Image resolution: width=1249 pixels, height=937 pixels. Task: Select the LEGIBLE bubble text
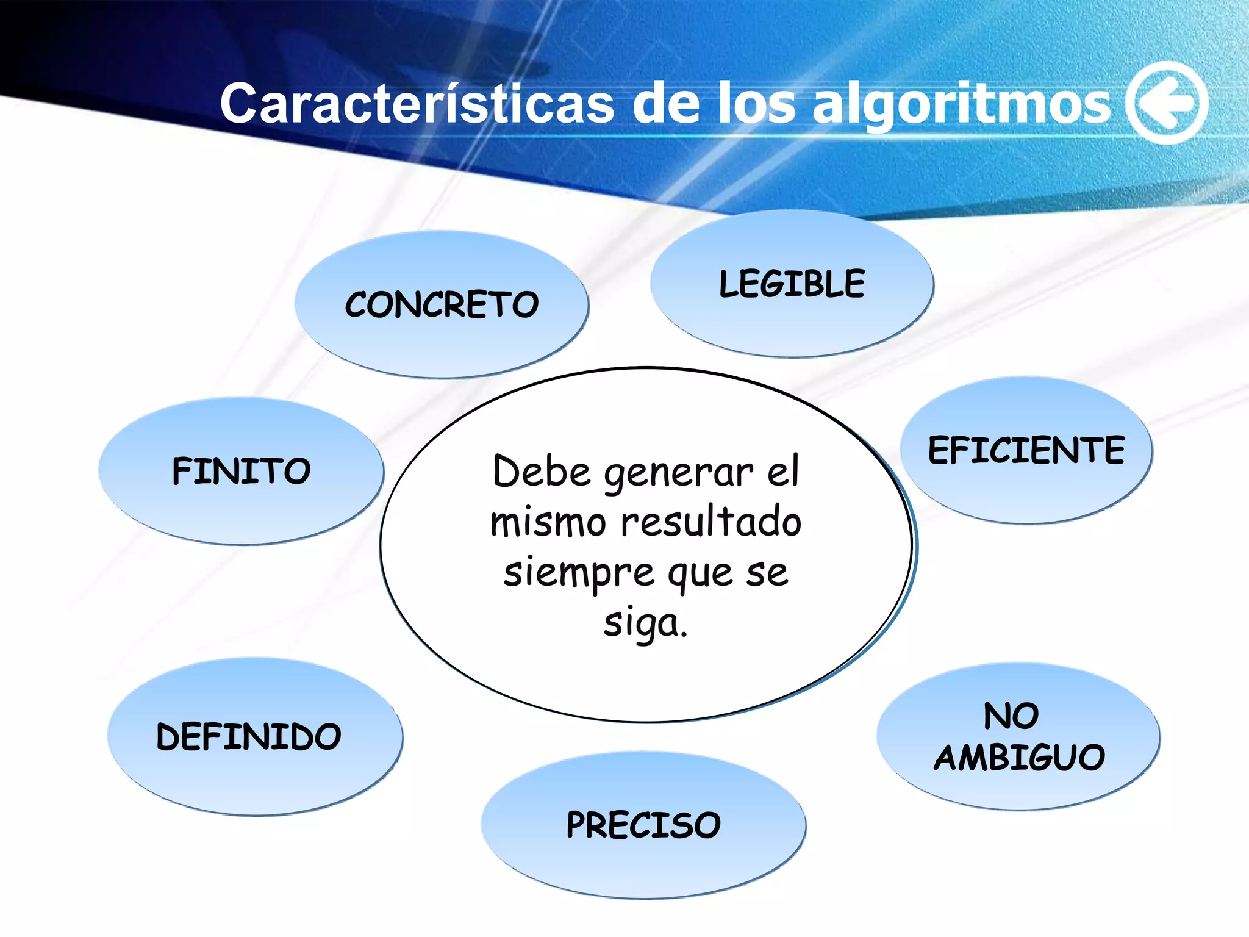(x=792, y=284)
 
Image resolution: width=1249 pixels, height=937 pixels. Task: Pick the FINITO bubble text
(x=242, y=471)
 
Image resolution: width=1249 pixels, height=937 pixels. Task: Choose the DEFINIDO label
(x=249, y=736)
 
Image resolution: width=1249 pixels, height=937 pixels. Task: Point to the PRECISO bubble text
(x=643, y=825)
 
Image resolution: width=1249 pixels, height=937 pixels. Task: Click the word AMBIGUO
(x=1019, y=758)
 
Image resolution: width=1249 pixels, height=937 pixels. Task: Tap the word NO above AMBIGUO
(x=1011, y=716)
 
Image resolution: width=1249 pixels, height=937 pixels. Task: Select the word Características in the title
(x=417, y=104)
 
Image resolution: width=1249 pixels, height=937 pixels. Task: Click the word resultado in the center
(x=711, y=523)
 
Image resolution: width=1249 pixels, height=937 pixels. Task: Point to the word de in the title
(x=665, y=104)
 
